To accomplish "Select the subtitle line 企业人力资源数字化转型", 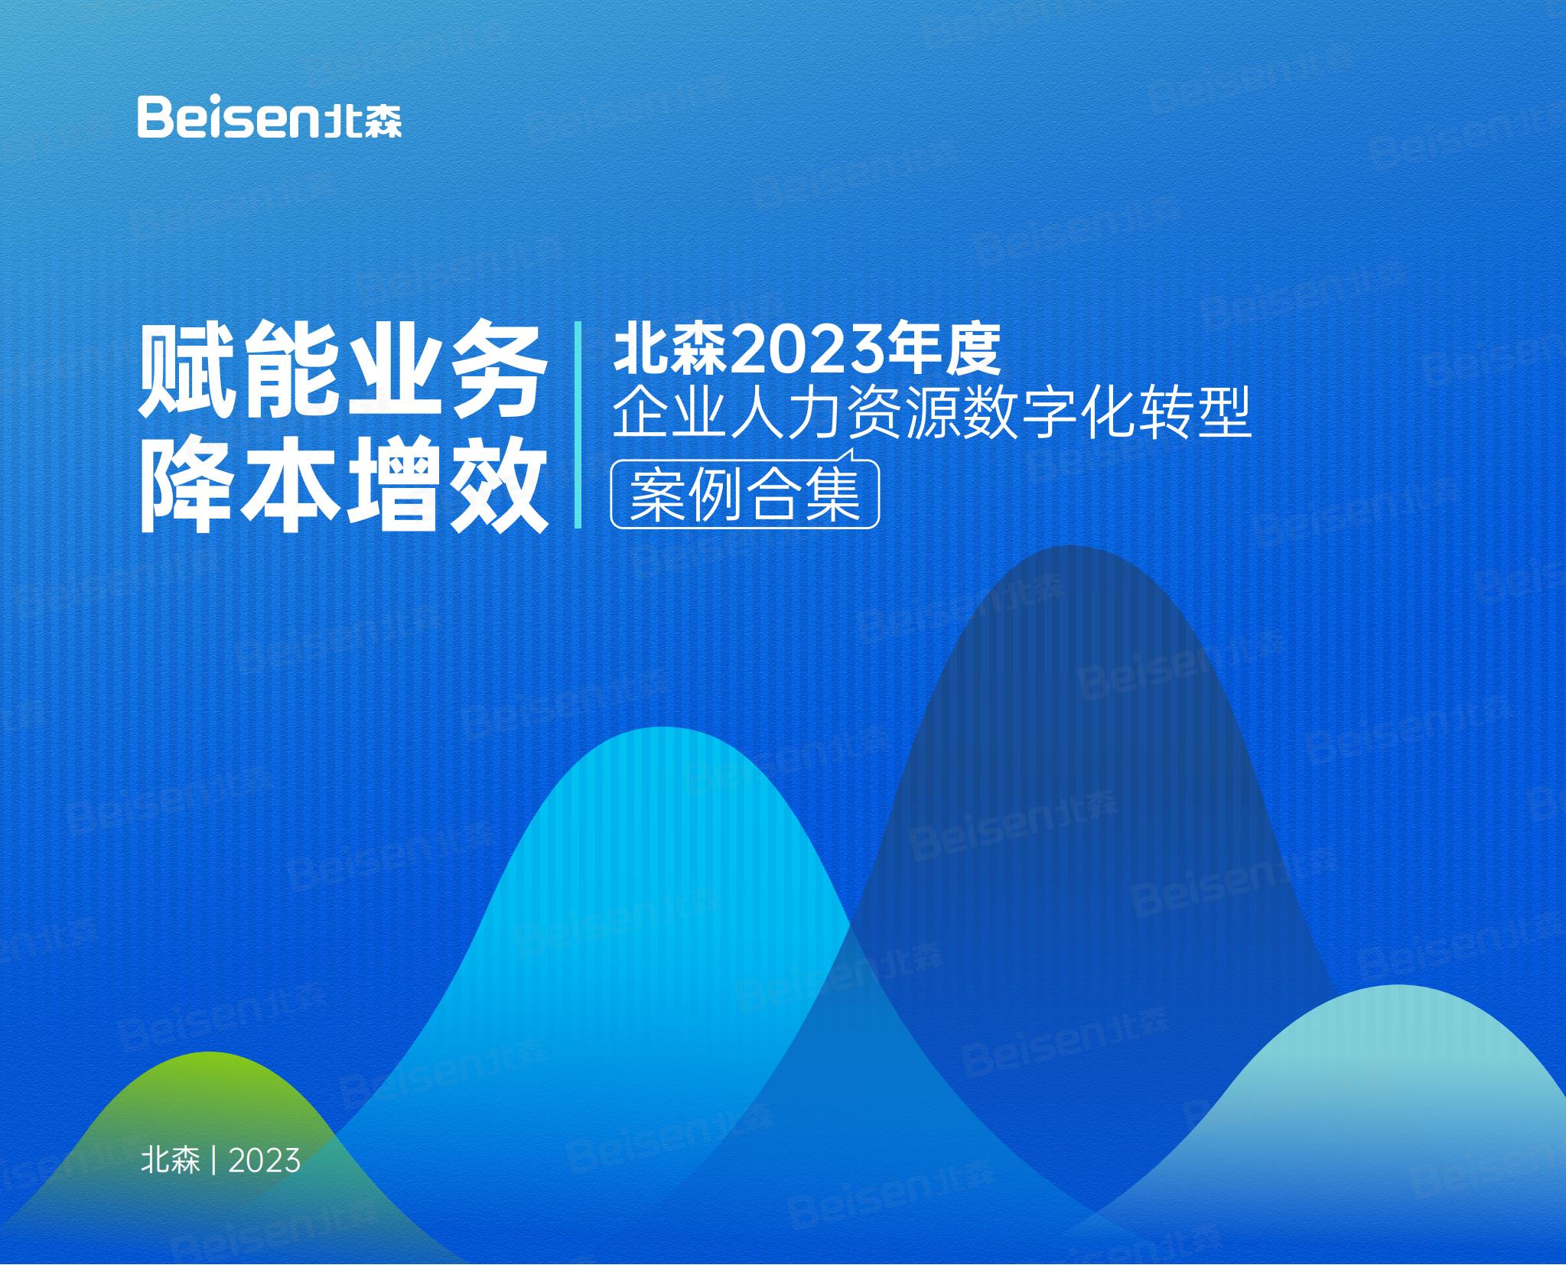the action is pyautogui.click(x=932, y=413).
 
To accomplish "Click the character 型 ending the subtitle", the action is pyautogui.click(x=1223, y=414).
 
